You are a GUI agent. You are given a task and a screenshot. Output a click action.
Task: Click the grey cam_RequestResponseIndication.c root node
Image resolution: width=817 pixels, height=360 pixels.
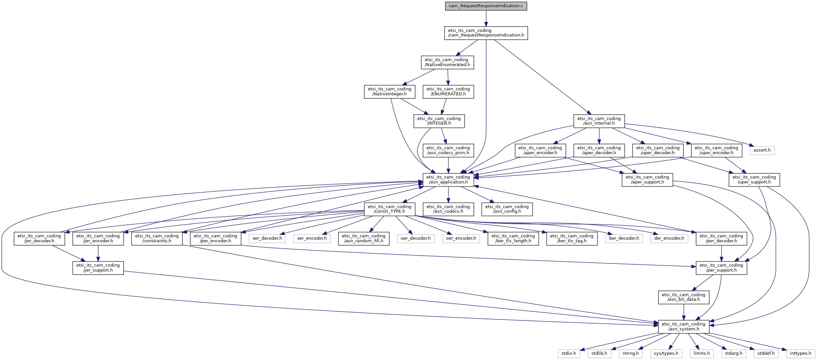[x=486, y=6]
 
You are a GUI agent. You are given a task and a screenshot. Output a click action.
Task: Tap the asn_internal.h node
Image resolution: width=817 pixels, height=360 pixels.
[x=599, y=121]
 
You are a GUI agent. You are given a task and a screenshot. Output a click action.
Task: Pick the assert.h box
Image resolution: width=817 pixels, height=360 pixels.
[x=762, y=150]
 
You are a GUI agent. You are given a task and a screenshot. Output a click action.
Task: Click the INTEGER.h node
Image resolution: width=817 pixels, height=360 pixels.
[x=439, y=121]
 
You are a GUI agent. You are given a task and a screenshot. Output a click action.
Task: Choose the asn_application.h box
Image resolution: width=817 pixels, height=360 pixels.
[x=448, y=180]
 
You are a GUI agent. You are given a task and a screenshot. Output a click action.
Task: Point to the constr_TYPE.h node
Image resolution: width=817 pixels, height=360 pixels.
[x=389, y=209]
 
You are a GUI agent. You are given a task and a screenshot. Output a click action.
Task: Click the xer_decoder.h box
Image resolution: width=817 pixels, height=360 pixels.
[x=267, y=238]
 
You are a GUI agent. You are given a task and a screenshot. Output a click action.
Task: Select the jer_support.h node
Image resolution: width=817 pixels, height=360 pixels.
[x=98, y=268]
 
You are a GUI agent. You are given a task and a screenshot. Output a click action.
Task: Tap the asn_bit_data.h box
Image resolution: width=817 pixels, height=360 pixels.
[x=683, y=297]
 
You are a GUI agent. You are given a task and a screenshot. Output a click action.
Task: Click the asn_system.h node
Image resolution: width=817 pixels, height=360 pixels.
[x=684, y=326]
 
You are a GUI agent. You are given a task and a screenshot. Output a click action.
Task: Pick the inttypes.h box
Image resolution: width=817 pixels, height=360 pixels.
[x=800, y=353]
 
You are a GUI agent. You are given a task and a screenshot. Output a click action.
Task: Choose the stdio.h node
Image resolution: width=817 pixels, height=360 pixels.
[x=568, y=353]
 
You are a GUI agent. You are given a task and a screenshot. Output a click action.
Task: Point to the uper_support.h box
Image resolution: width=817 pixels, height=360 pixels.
[x=754, y=180]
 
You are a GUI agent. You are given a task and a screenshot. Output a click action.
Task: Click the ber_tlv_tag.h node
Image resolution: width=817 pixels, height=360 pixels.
[x=571, y=238]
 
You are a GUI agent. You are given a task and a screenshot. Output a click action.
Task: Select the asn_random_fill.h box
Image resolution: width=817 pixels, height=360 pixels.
[x=363, y=238]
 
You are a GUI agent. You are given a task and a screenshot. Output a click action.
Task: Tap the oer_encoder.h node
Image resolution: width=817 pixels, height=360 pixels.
[x=461, y=238]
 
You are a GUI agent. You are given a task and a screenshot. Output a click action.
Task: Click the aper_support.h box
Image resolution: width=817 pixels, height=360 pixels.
[x=647, y=180]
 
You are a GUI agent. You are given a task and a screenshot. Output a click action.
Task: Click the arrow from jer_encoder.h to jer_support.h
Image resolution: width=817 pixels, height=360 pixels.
[x=98, y=253]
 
